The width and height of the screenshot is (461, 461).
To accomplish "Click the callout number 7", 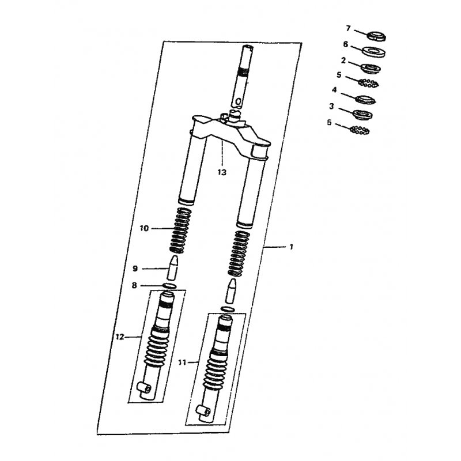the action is [x=349, y=28].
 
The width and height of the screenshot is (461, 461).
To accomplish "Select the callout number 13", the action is [x=222, y=172].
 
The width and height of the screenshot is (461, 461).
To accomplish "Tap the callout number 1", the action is [x=292, y=247].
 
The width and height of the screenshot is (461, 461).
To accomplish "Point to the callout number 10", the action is [x=144, y=228].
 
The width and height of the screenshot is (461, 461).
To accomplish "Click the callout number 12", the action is [x=120, y=337].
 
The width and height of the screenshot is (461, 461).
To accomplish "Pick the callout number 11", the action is [x=182, y=362].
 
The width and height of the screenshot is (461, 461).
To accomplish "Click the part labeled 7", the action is [x=377, y=36].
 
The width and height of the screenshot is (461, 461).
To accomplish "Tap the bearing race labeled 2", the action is [x=371, y=69].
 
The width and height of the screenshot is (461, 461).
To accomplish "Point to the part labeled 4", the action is [x=366, y=99].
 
